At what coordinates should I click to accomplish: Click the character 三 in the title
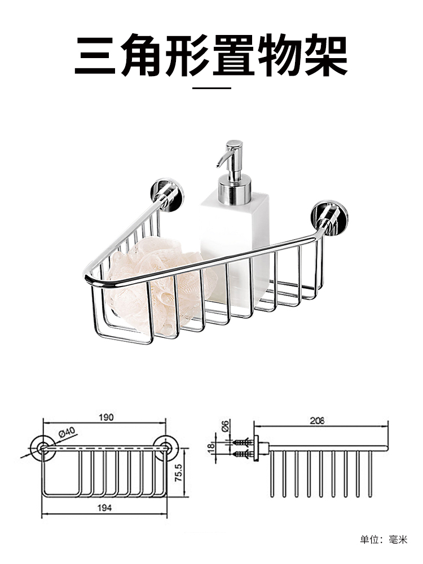(95, 54)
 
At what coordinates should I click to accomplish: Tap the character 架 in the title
(326, 54)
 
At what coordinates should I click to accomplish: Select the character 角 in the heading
(142, 54)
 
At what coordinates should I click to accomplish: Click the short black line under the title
(211, 88)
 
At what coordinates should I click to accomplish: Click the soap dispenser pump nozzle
(222, 158)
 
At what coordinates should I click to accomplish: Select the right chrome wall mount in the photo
(329, 218)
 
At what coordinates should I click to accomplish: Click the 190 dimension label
(106, 417)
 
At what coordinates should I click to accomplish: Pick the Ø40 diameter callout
(67, 432)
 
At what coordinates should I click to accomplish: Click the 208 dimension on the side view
(317, 421)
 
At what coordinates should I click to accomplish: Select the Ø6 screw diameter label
(226, 426)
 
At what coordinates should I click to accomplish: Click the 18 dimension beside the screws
(211, 447)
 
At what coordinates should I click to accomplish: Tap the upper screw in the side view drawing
(241, 442)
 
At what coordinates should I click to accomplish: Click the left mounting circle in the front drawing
(43, 448)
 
